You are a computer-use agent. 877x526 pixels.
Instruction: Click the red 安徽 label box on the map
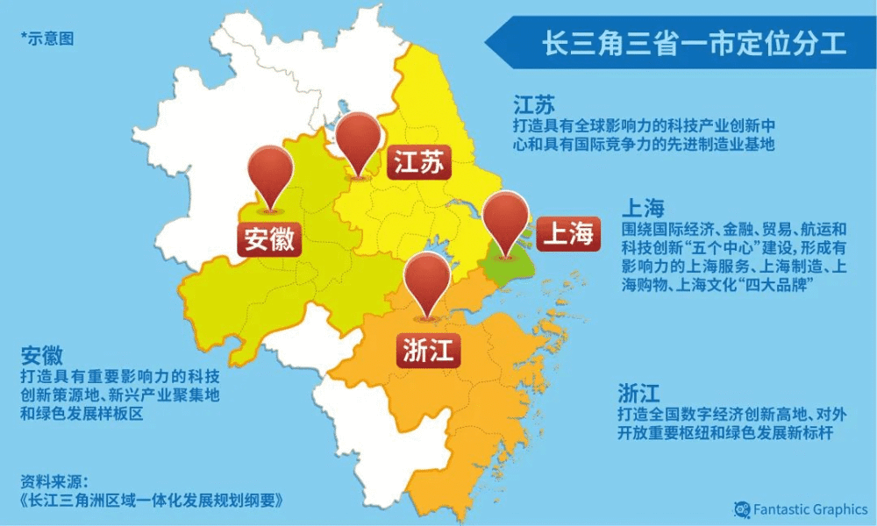269,238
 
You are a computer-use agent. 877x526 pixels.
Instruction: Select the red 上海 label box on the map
567,233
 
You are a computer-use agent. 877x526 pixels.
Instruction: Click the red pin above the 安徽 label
269,175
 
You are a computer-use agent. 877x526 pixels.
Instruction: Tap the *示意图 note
46,39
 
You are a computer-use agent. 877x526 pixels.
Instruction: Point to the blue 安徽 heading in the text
42,356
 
